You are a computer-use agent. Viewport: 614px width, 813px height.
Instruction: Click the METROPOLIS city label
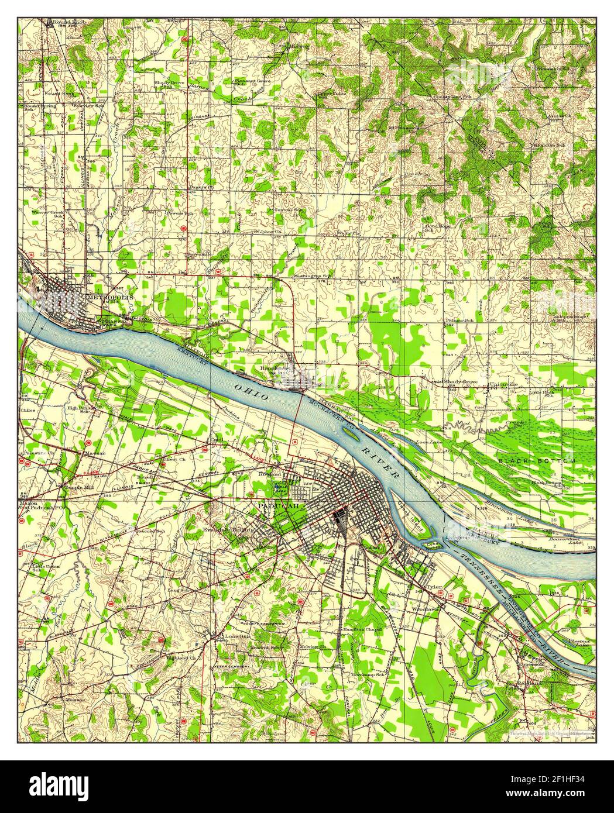(x=111, y=297)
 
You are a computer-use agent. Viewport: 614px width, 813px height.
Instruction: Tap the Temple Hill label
(x=79, y=485)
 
